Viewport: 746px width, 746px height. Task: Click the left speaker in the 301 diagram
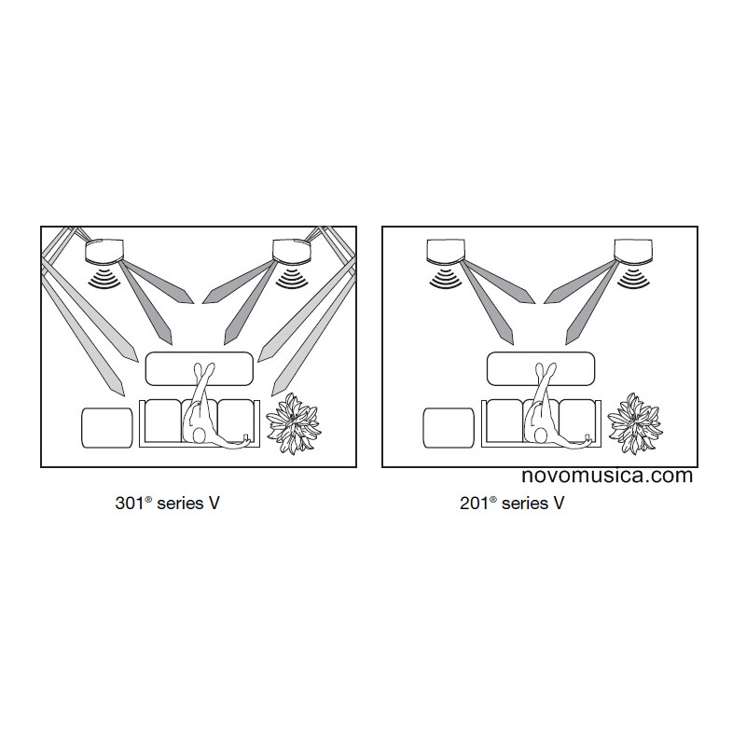point(104,251)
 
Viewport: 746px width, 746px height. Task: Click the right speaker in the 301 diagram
point(291,251)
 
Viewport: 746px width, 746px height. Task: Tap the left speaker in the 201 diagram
point(446,251)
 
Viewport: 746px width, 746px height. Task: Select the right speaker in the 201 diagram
point(633,251)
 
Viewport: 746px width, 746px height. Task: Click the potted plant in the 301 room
point(294,423)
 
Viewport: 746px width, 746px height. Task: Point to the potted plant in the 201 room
point(635,423)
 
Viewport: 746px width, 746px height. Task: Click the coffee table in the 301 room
point(199,368)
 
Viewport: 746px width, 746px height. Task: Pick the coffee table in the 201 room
point(541,368)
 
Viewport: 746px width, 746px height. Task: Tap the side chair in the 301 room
point(107,428)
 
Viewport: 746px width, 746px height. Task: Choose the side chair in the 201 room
point(449,428)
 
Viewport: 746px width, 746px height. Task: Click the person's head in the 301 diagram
point(199,435)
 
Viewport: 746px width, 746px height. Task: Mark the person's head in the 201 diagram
point(541,435)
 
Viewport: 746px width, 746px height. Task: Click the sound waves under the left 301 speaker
point(104,278)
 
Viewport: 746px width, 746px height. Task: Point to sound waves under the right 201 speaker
point(633,278)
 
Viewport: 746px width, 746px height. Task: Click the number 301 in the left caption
point(130,503)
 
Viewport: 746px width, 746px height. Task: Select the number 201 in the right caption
point(474,503)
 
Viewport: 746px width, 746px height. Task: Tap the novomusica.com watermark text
point(607,476)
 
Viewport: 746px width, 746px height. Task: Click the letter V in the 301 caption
point(214,503)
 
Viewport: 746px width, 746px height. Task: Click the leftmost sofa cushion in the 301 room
point(162,421)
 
